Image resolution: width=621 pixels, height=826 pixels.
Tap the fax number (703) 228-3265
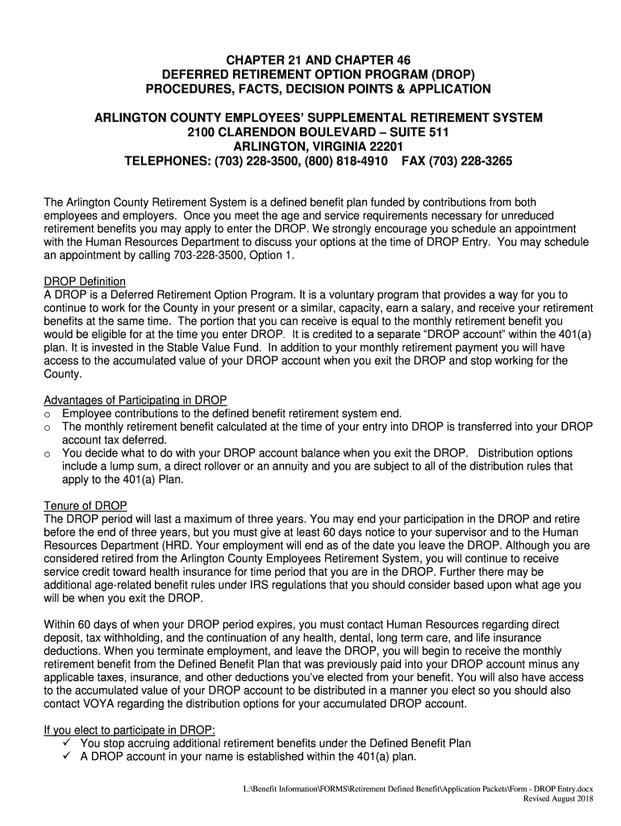tap(469, 161)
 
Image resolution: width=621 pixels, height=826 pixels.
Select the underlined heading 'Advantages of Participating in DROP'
tap(135, 400)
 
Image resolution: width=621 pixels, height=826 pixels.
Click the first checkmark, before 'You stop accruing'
tap(68, 743)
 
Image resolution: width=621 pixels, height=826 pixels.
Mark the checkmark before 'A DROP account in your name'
tap(68, 757)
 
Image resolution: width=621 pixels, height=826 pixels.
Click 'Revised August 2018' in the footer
tap(558, 799)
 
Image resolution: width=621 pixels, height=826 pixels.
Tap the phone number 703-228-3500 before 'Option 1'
tap(210, 256)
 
